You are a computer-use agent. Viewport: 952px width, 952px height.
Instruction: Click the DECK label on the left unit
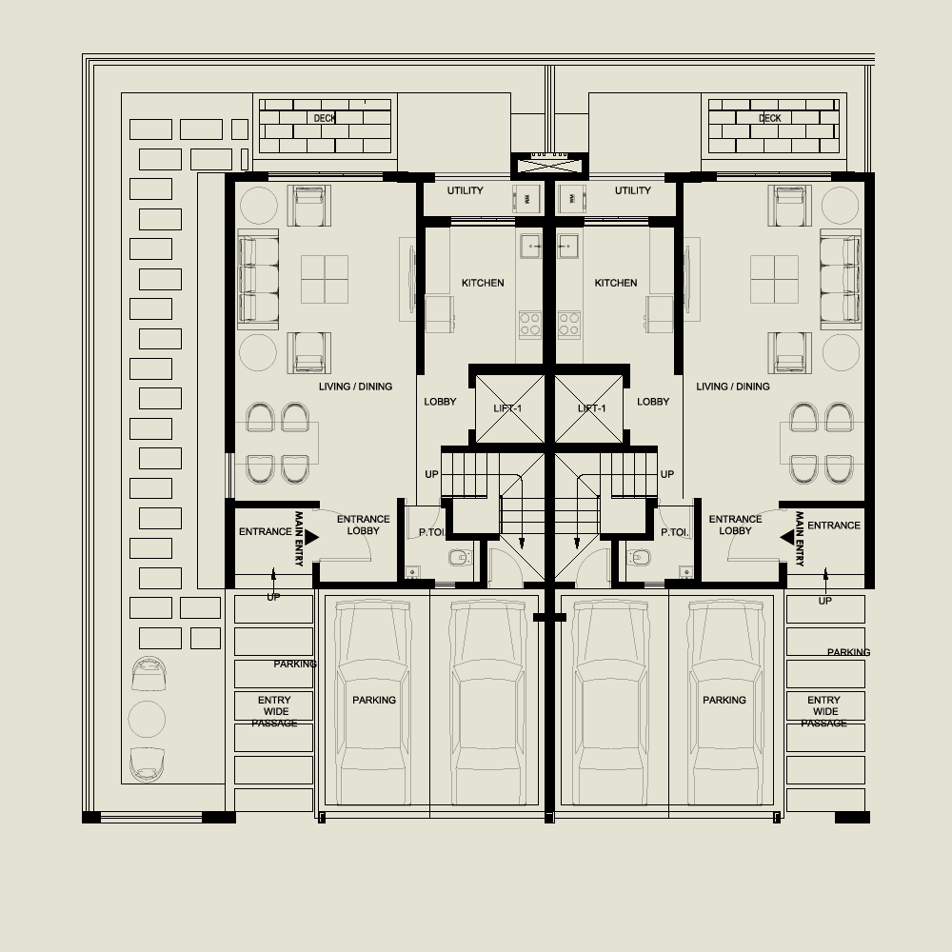(325, 118)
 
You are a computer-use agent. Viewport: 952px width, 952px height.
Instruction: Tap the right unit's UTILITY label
(632, 190)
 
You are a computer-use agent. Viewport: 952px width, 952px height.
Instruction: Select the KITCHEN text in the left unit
(483, 283)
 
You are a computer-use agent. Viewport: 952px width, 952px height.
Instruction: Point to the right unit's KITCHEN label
(615, 283)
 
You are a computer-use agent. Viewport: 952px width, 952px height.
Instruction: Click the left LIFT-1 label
(508, 408)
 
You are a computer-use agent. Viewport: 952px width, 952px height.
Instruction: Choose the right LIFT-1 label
(592, 408)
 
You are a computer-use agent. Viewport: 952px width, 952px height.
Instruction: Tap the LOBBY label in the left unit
(440, 402)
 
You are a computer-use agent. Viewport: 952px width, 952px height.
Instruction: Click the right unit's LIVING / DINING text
(733, 387)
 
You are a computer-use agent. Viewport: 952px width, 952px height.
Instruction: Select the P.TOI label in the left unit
(420, 533)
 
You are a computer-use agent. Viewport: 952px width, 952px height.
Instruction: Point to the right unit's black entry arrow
(786, 538)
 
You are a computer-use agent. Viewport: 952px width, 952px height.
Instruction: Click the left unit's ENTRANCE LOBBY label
(363, 526)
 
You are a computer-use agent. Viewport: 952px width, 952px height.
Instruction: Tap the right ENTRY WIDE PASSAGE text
(824, 711)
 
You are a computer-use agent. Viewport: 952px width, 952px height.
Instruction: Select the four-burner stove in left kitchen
(529, 325)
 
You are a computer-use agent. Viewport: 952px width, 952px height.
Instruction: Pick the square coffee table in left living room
(325, 279)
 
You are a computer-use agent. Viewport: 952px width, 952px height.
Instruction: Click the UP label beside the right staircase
(666, 474)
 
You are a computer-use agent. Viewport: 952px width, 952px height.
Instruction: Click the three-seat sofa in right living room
(840, 280)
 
